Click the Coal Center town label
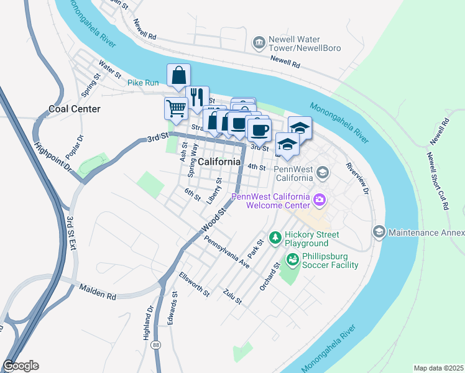[75, 109]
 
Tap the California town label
[220, 162]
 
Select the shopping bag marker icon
[178, 76]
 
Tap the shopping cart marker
[176, 108]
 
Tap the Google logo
[21, 366]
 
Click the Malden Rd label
[98, 292]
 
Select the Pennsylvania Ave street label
[227, 252]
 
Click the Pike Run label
[143, 82]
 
